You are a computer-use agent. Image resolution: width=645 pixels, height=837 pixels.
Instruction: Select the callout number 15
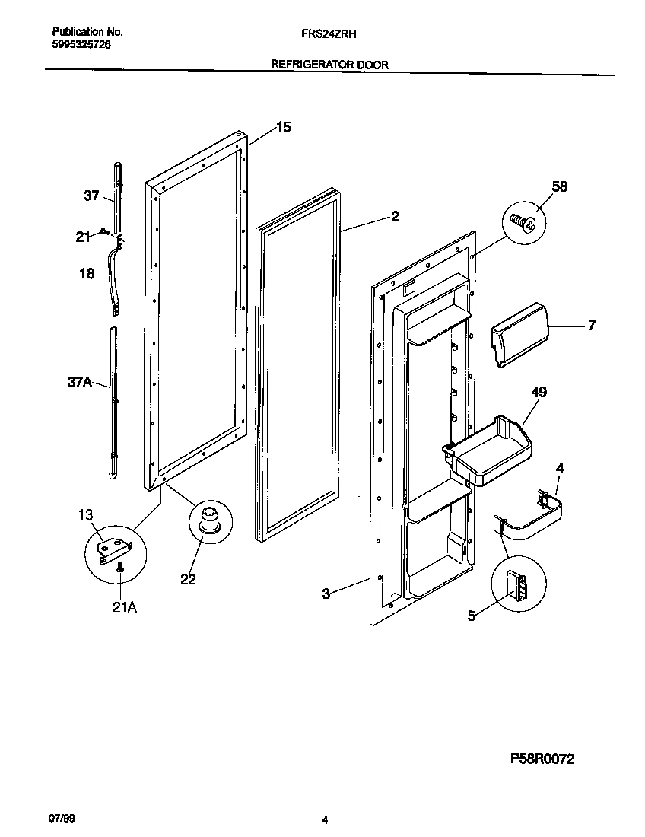click(x=282, y=128)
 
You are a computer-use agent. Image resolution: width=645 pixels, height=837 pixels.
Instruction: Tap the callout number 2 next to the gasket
click(x=395, y=217)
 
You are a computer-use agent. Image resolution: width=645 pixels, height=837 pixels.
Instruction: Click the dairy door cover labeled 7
click(x=520, y=332)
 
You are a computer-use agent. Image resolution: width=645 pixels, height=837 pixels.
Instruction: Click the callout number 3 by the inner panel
click(x=326, y=594)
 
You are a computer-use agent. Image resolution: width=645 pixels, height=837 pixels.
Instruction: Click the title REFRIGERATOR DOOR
click(x=330, y=65)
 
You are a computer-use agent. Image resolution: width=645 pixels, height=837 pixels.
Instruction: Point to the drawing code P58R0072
click(x=542, y=759)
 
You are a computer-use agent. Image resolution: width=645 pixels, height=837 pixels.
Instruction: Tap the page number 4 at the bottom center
click(x=325, y=820)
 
